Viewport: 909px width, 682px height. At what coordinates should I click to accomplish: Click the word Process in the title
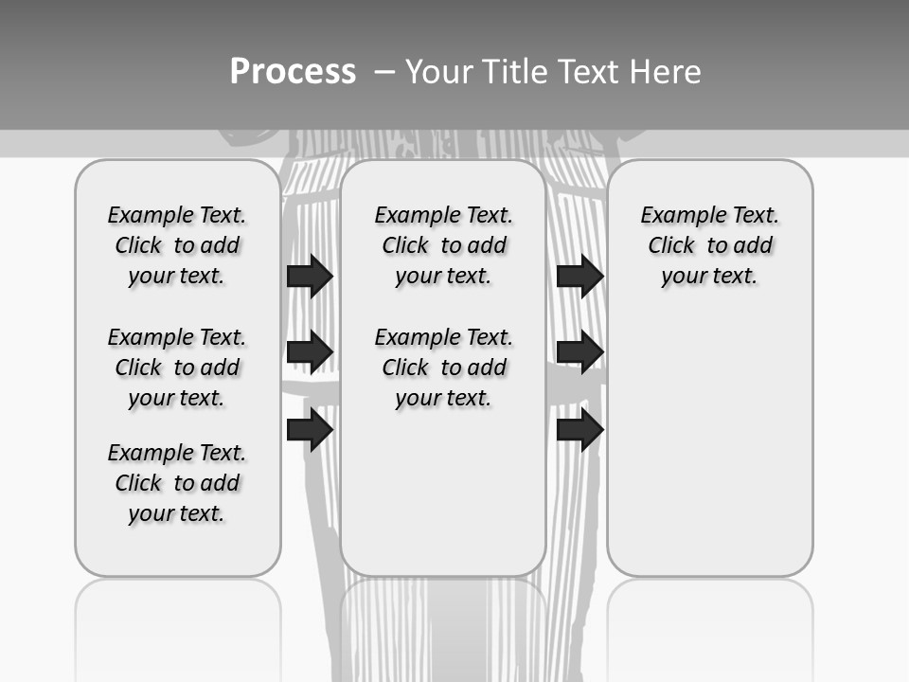293,72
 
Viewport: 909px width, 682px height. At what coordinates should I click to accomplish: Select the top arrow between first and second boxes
310,276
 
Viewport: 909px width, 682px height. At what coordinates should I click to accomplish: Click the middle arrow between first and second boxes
310,352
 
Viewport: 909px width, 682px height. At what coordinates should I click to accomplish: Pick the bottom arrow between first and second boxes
310,430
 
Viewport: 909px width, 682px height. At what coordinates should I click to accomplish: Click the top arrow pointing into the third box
579,276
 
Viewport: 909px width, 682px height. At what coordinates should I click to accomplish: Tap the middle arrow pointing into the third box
579,352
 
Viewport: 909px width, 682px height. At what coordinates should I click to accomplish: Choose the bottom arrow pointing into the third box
579,430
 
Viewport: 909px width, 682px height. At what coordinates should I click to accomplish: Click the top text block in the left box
177,245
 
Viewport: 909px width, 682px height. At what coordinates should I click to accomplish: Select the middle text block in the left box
177,368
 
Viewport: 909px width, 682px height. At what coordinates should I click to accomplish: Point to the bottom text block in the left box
177,483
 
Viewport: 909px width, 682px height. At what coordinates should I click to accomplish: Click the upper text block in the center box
443,245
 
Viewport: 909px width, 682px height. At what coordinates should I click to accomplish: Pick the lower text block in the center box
443,368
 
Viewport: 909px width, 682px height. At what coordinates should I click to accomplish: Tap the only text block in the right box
709,245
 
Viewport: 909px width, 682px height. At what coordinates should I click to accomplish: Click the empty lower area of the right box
709,445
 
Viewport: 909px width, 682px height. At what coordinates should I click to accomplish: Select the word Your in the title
437,72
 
